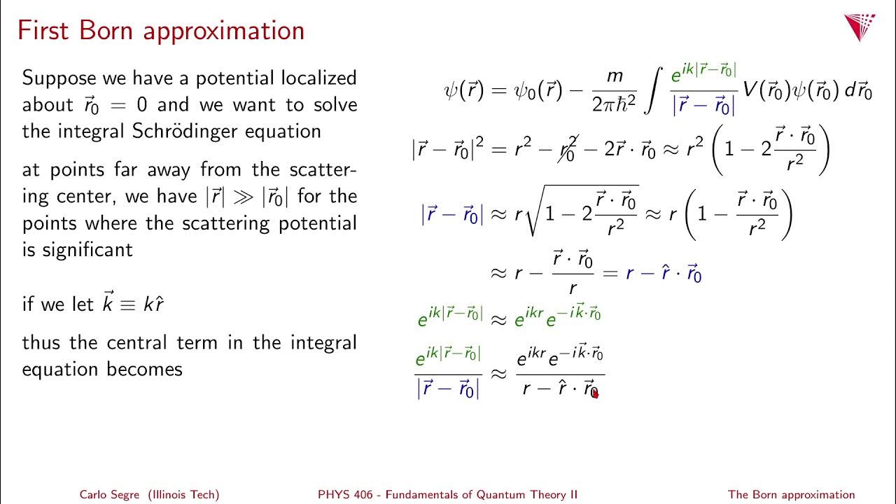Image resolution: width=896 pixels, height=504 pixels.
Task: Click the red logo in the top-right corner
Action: point(860,27)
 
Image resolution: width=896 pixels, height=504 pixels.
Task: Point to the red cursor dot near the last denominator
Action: point(594,393)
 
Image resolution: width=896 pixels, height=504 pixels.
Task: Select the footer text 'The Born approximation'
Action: point(791,494)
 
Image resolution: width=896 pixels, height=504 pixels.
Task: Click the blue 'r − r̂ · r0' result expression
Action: point(664,273)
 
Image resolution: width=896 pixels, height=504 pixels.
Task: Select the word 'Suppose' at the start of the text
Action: point(59,78)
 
